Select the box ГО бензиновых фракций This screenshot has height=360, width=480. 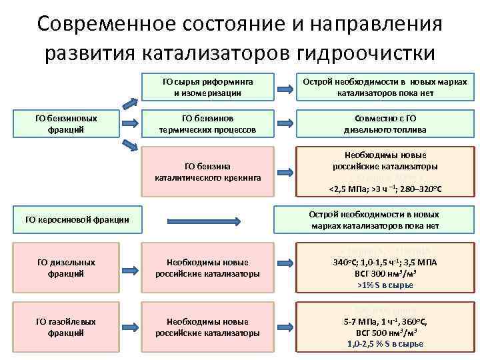click(x=66, y=123)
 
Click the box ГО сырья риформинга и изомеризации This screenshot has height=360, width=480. click(x=207, y=87)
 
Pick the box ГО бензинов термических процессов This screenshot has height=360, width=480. click(x=207, y=123)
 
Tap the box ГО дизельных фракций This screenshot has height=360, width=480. click(x=66, y=268)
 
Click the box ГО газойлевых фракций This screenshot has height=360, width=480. click(x=66, y=327)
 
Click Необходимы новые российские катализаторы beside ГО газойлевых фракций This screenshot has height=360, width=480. click(x=207, y=327)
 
